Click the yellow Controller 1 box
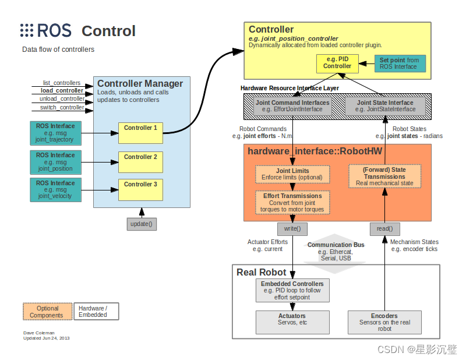click(140, 133)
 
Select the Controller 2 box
click(140, 161)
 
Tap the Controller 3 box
click(140, 188)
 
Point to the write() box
click(292, 228)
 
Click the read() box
click(384, 228)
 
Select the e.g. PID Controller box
click(337, 62)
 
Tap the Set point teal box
click(399, 63)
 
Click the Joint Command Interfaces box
click(292, 106)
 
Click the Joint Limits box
click(292, 174)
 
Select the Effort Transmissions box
click(292, 203)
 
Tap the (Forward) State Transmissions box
click(384, 176)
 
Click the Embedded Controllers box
click(292, 290)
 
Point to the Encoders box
click(384, 321)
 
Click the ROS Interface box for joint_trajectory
click(55, 133)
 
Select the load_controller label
click(62, 91)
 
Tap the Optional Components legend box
click(47, 312)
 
